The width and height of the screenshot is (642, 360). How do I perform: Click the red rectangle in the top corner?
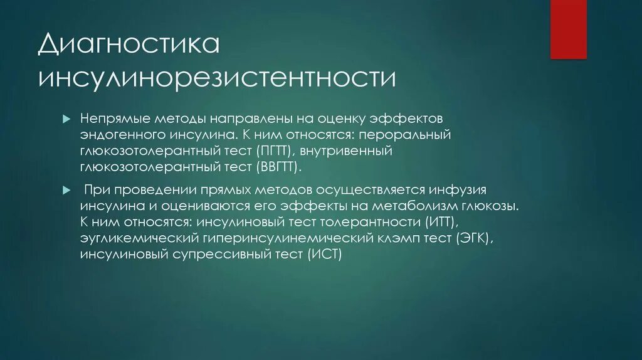[x=568, y=29]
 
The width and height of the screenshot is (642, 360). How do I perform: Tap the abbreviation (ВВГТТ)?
[x=278, y=167]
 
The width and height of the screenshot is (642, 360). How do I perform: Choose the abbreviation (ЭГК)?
[x=476, y=238]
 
